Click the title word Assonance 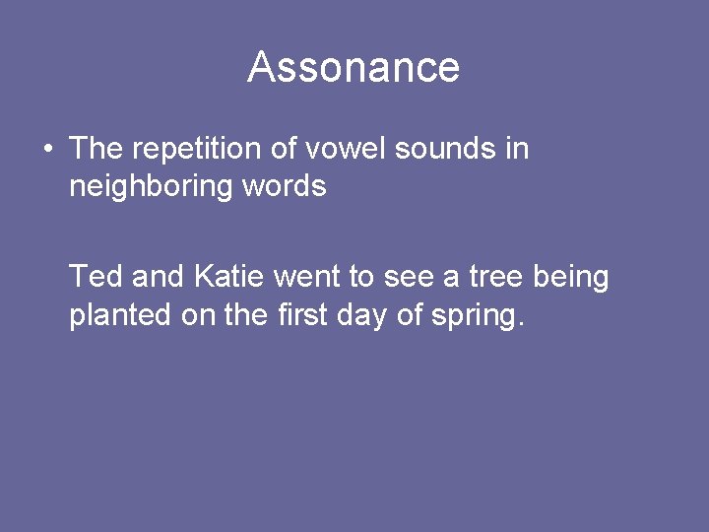coord(354,67)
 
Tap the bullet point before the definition coord(47,150)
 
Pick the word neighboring coord(148,186)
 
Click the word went coord(309,278)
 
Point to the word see coord(409,278)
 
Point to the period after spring coord(520,324)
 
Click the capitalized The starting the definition coord(96,149)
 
